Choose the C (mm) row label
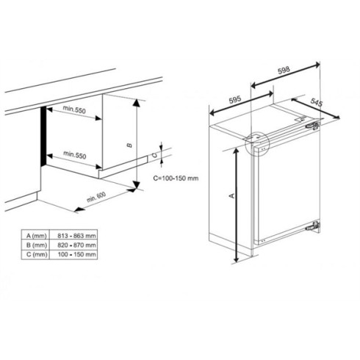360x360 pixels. [41, 253]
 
